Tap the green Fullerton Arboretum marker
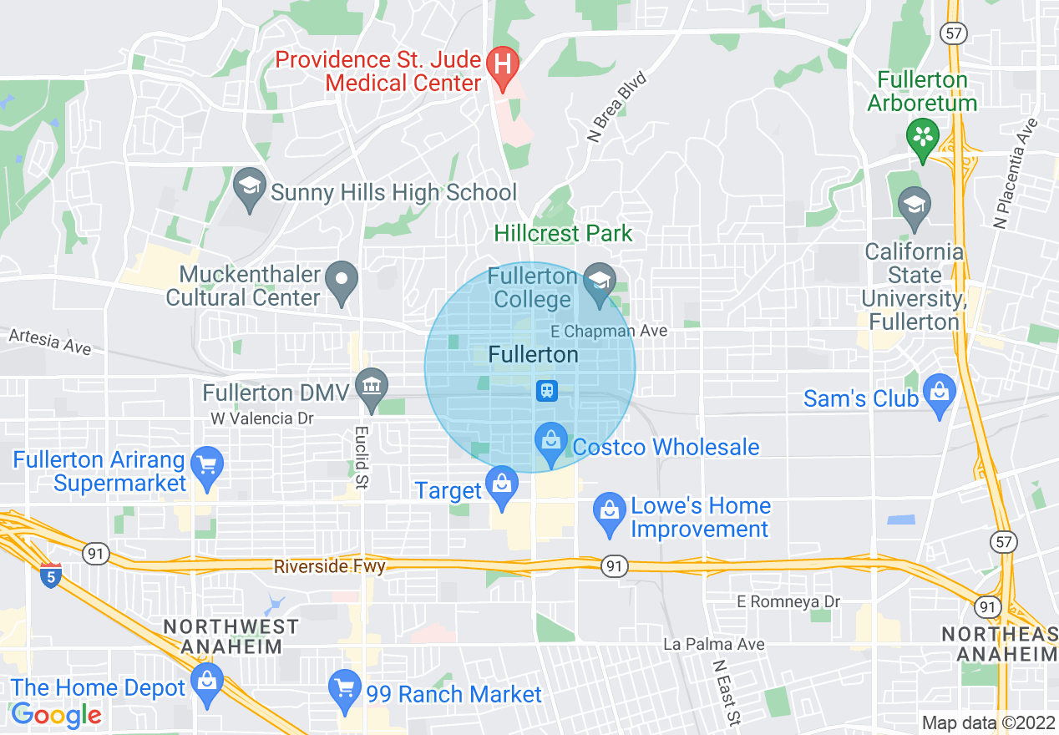coord(923,139)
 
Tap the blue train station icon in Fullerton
coord(547,390)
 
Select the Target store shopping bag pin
coord(501,486)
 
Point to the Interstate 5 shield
coord(50,575)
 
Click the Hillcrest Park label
coord(564,233)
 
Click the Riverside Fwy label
coord(330,567)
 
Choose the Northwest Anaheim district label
coord(231,636)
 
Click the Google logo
coord(56,715)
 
